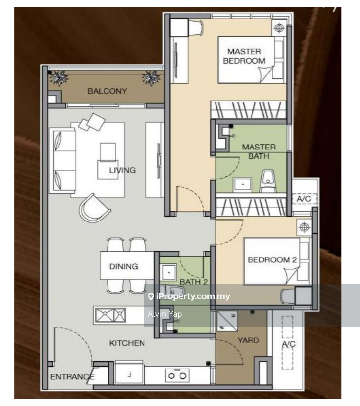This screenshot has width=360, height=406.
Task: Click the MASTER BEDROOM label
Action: [244, 56]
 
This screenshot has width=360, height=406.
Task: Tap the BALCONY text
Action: [107, 91]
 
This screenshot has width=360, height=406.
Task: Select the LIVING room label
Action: [122, 170]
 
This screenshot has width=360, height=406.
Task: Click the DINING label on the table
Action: [123, 266]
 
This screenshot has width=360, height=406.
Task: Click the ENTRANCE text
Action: [72, 377]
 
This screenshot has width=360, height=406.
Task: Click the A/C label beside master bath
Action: [303, 199]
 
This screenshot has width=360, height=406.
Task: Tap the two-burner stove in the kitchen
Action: [177, 375]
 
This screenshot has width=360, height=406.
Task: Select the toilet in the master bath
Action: [268, 180]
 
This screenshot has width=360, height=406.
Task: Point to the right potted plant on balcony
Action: [151, 78]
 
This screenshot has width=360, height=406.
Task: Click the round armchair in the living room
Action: [95, 208]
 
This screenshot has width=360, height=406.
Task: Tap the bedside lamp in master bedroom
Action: [279, 28]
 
